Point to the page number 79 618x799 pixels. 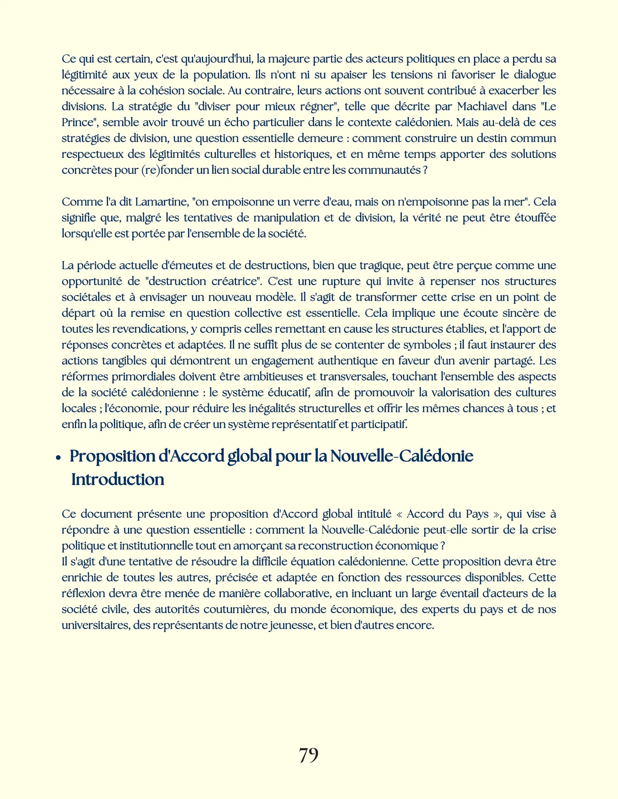309,755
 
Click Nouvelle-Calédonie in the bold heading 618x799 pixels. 402,456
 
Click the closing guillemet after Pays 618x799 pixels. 496,514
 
